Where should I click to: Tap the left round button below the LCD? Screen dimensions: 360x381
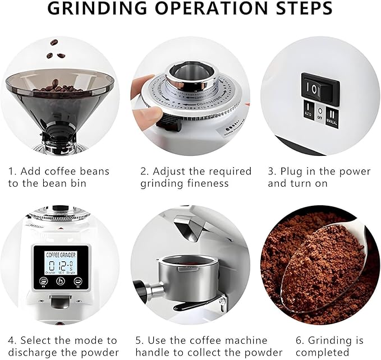click(x=43, y=281)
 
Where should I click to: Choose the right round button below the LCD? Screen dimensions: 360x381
click(x=78, y=281)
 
